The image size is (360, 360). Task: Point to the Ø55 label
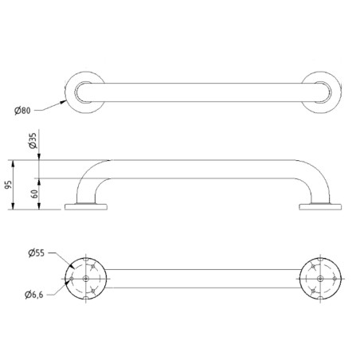pos(36,252)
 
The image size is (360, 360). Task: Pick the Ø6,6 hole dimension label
pos(36,296)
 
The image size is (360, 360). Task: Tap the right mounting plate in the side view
pos(319,207)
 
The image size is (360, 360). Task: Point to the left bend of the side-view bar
pos(88,174)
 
